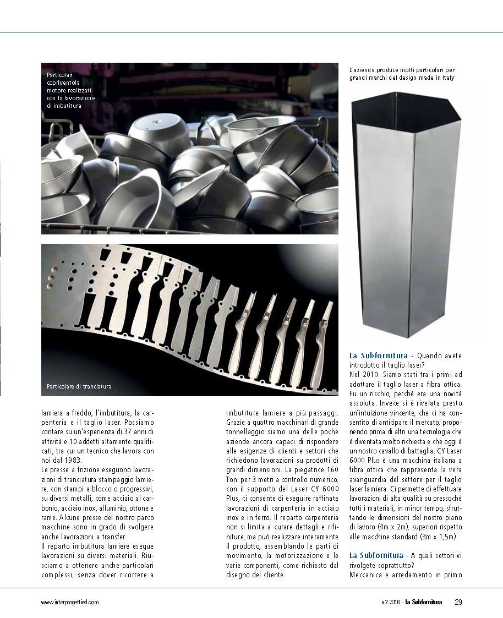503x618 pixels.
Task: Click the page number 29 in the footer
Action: coord(458,601)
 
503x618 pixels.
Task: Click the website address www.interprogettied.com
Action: coord(70,602)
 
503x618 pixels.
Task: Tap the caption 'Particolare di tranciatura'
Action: coord(79,386)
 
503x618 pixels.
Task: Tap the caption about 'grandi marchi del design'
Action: coord(402,74)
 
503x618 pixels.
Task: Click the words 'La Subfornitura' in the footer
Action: coord(423,602)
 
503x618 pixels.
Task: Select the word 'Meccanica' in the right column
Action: coord(367,575)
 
